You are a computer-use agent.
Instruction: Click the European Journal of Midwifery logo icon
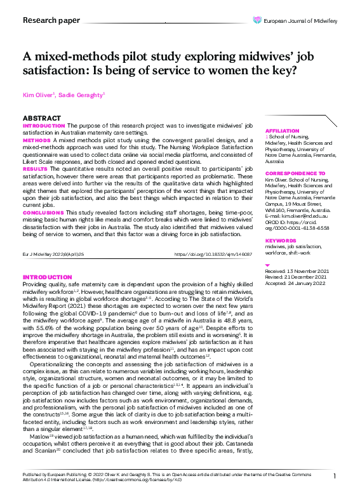(257, 20)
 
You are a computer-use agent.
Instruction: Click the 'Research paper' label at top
(51, 20)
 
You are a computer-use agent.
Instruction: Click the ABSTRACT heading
(42, 119)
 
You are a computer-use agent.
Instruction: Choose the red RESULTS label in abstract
(35, 169)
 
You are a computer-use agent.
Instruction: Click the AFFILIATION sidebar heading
(282, 130)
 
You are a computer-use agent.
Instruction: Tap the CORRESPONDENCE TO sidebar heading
(295, 173)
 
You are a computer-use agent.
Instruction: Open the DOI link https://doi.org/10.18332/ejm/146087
(213, 255)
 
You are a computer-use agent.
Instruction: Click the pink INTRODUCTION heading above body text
(47, 277)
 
